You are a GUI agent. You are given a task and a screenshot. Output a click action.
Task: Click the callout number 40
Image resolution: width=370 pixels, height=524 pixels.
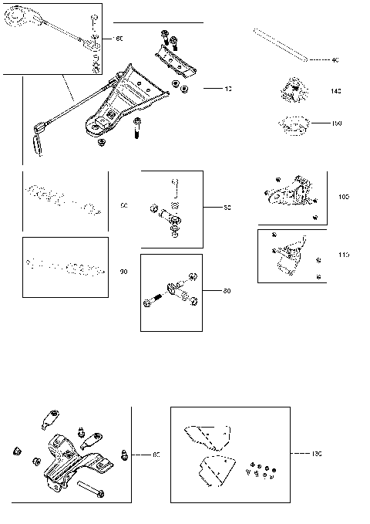tap(335, 59)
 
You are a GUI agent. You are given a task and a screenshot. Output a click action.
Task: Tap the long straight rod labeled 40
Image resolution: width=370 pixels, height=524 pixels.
tap(281, 45)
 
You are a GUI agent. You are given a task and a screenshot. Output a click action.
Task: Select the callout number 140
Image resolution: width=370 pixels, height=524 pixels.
tap(335, 92)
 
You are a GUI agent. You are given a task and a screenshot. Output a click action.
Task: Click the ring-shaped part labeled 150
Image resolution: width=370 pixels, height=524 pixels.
tap(292, 122)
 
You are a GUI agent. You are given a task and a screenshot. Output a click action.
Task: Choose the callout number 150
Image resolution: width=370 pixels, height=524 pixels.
tap(335, 123)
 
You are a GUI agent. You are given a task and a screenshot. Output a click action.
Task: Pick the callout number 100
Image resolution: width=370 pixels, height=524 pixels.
tap(344, 197)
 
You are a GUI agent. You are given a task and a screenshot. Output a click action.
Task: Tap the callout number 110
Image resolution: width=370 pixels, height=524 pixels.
tap(344, 255)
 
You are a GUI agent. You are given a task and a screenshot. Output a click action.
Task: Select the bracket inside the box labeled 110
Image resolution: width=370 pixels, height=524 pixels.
tap(290, 255)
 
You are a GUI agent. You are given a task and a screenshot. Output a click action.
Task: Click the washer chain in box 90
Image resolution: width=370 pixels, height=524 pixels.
tap(65, 267)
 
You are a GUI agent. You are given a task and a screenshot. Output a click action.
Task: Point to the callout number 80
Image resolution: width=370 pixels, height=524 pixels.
tap(227, 291)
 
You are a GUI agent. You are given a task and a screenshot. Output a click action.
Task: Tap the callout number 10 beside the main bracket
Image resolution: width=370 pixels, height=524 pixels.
tap(227, 90)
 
